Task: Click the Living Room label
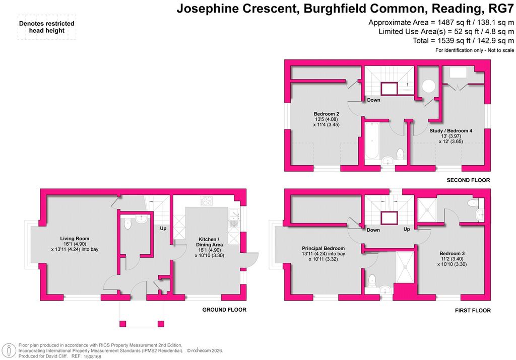pyautogui.click(x=75, y=239)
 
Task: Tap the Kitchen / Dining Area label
pyautogui.click(x=209, y=242)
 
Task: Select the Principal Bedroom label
pyautogui.click(x=323, y=249)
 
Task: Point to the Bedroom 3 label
pyautogui.click(x=452, y=253)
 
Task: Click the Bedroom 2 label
pyautogui.click(x=327, y=114)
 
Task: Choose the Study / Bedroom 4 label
pyautogui.click(x=451, y=131)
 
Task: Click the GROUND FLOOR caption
pyautogui.click(x=224, y=310)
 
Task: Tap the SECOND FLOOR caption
pyautogui.click(x=468, y=180)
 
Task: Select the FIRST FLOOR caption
pyautogui.click(x=473, y=310)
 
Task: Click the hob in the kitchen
pyautogui.click(x=207, y=201)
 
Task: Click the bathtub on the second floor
pyautogui.click(x=371, y=140)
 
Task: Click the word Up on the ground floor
pyautogui.click(x=163, y=229)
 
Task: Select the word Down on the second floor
pyautogui.click(x=373, y=100)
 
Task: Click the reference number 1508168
pyautogui.click(x=93, y=356)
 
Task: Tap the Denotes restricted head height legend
pyautogui.click(x=47, y=27)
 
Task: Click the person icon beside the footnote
pyautogui.click(x=9, y=350)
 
